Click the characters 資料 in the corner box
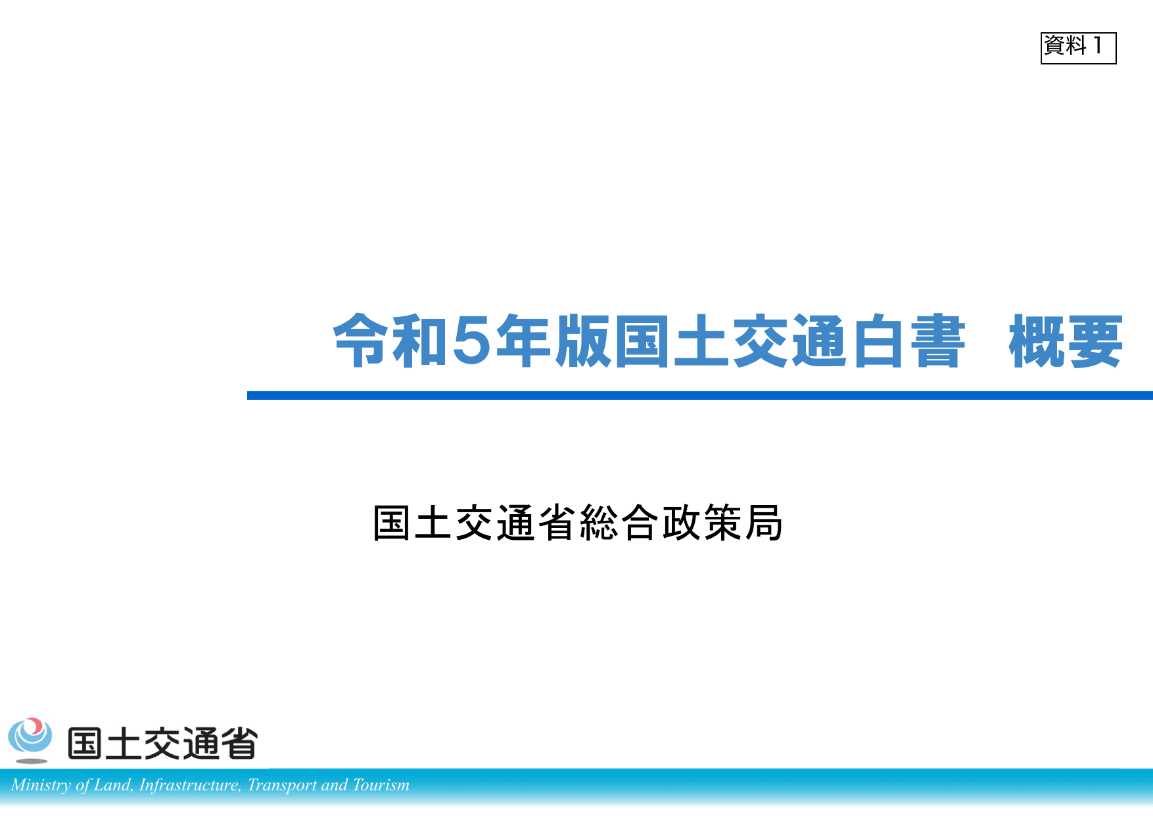click(x=1066, y=45)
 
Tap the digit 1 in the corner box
click(x=1097, y=45)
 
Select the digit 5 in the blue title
click(x=471, y=340)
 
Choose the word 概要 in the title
click(x=1066, y=341)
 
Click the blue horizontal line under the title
click(x=699, y=395)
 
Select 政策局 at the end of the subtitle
click(x=722, y=523)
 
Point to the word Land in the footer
click(x=112, y=785)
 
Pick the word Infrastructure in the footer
click(x=190, y=785)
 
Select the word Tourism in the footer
click(x=381, y=785)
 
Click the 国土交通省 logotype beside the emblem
click(x=162, y=744)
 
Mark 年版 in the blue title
click(x=553, y=341)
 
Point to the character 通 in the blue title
click(x=820, y=341)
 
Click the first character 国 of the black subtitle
click(x=392, y=523)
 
